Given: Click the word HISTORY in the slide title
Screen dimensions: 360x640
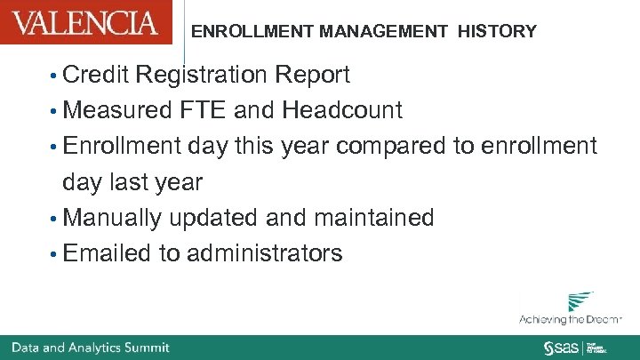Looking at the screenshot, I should click(497, 32).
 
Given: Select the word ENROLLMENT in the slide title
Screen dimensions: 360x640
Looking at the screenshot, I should click(241, 32).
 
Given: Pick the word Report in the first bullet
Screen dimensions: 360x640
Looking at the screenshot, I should click(313, 76).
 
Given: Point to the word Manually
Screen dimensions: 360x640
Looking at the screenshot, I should click(113, 218).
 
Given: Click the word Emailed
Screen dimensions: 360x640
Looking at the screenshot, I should click(108, 253).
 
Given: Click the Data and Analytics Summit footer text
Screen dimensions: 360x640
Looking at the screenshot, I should click(91, 347).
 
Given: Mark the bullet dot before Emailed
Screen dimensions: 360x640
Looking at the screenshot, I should click(55, 254).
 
